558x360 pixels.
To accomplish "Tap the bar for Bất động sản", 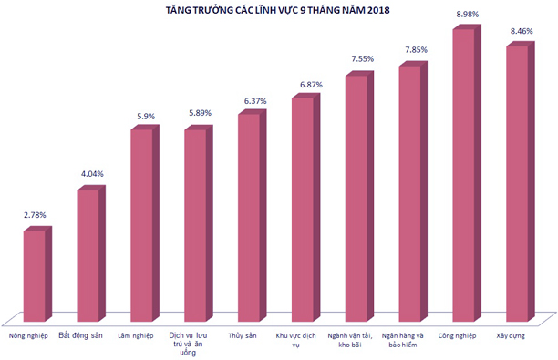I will coord(88,255).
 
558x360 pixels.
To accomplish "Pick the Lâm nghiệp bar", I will coord(141,225).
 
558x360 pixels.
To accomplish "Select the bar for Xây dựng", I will coord(517,182).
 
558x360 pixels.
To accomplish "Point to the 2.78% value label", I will coord(35,215).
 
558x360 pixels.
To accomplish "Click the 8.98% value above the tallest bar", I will coord(468,15).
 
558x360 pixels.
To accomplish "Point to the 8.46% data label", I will coord(522,31).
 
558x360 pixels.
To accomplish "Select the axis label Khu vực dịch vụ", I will coord(301,340).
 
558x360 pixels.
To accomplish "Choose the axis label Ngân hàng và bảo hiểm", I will coord(408,340).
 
